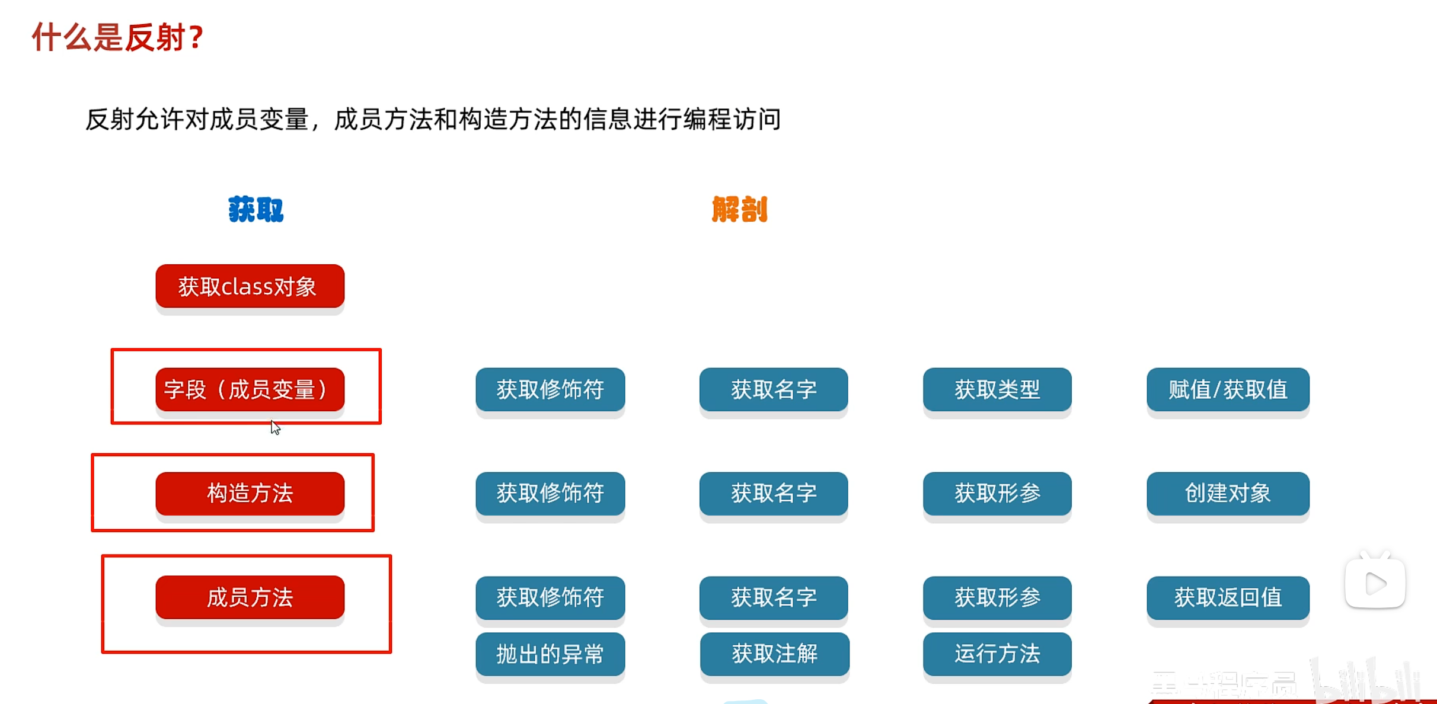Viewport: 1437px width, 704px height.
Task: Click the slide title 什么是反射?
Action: (117, 37)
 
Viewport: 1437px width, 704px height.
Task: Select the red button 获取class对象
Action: (250, 286)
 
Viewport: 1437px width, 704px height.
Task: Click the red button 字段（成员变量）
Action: (250, 389)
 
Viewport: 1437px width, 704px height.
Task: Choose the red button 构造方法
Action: (250, 493)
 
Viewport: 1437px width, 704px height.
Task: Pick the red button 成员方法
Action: (250, 597)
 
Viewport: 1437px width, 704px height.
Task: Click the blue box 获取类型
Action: (997, 389)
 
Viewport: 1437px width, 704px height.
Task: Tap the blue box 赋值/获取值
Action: (1228, 389)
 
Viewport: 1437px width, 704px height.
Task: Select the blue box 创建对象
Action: (1228, 493)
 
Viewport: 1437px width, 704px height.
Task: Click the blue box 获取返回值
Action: (1228, 597)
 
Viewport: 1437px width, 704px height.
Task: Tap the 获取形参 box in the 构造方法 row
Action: (997, 493)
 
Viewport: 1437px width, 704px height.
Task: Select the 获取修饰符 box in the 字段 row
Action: (550, 389)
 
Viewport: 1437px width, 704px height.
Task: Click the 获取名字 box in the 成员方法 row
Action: (774, 597)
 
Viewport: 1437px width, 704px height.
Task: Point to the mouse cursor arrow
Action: (275, 427)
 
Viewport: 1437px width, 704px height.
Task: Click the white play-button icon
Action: (1375, 583)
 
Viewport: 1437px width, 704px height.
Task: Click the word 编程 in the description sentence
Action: (707, 119)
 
